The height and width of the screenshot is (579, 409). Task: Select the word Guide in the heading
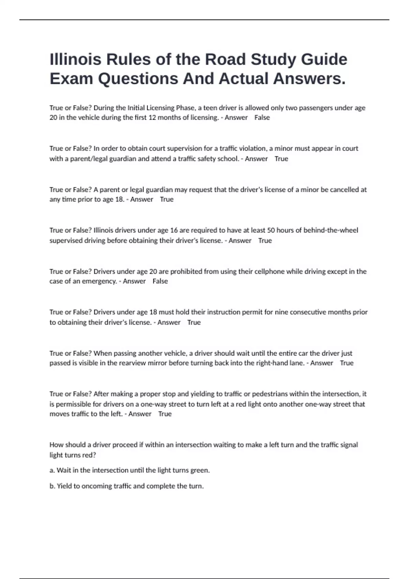tap(324, 59)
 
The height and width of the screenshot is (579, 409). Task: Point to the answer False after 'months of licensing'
tap(262, 118)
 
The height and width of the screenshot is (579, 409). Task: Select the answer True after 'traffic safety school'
tap(281, 159)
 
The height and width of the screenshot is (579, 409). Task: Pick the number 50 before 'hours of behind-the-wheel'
tap(271, 230)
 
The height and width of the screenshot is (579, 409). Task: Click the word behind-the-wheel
tap(331, 230)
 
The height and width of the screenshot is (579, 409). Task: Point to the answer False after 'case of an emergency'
tap(160, 281)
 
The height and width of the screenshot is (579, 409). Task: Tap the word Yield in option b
tap(64, 486)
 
